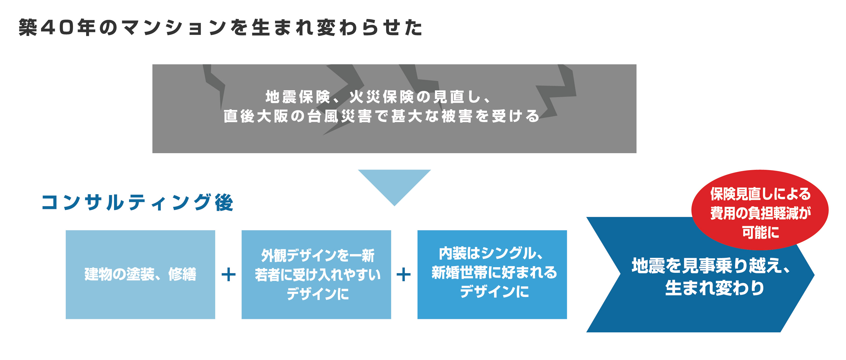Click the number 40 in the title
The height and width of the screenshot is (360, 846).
pyautogui.click(x=57, y=27)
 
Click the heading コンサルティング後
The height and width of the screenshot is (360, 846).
pyautogui.click(x=137, y=202)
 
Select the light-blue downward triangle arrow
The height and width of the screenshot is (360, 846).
pyautogui.click(x=394, y=184)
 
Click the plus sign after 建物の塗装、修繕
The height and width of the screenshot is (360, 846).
pyautogui.click(x=229, y=275)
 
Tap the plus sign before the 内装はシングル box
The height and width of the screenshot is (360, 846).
pyautogui.click(x=404, y=275)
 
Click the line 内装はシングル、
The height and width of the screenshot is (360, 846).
pyautogui.click(x=492, y=253)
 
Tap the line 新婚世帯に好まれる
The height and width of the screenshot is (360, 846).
pyautogui.click(x=494, y=272)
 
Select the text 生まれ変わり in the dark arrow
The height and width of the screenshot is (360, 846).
pyautogui.click(x=715, y=288)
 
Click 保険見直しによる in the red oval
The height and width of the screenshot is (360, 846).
pyautogui.click(x=761, y=194)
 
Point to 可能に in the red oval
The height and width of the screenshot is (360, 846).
pyautogui.click(x=761, y=233)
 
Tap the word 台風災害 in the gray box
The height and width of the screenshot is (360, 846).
pyautogui.click(x=340, y=116)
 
